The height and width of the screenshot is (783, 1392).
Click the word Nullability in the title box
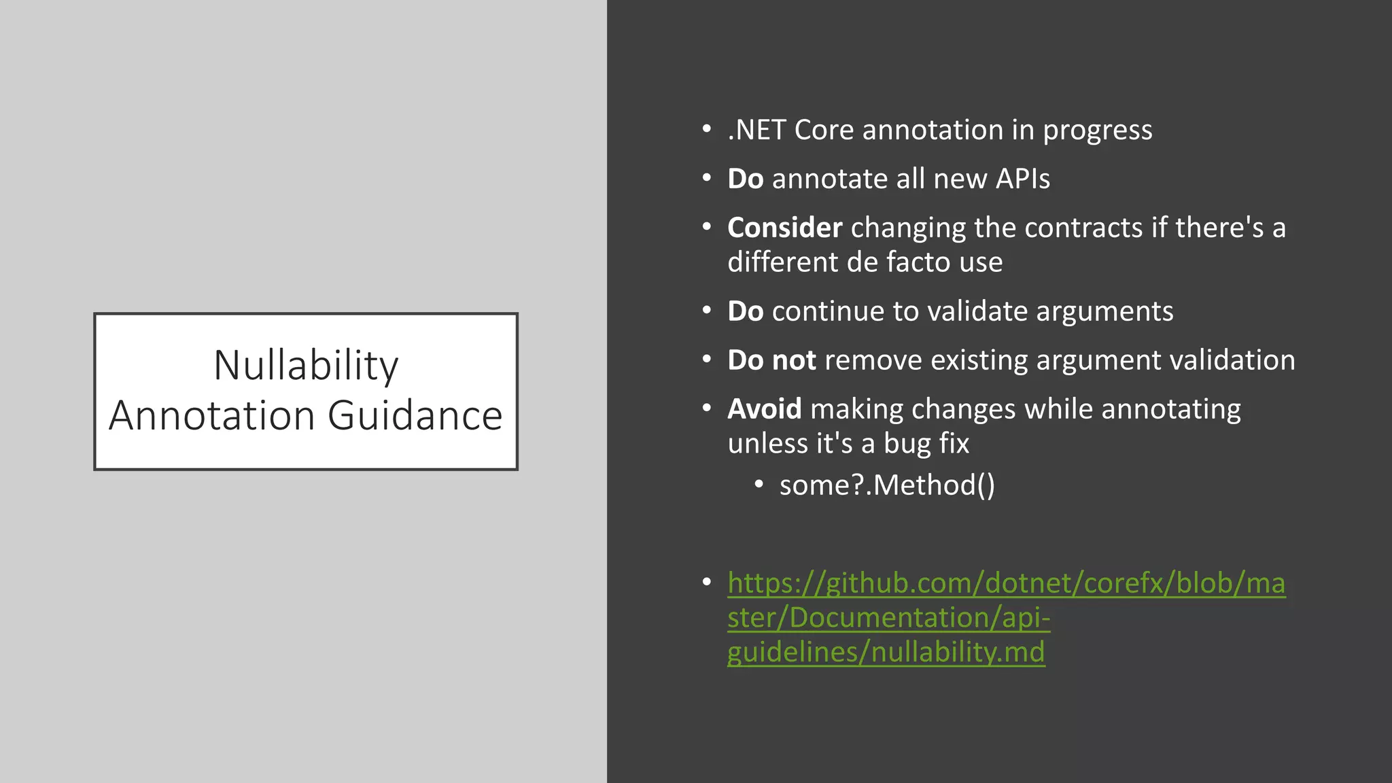(306, 366)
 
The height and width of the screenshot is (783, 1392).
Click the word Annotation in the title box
(212, 415)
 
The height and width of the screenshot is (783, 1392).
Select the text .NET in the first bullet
(756, 130)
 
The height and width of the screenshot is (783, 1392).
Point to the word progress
(1097, 130)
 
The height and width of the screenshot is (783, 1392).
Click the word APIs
(1022, 179)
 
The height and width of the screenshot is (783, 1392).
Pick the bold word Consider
(784, 228)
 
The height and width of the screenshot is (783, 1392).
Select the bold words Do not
(771, 360)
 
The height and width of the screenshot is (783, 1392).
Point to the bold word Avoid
(764, 409)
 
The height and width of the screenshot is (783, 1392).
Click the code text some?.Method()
(887, 485)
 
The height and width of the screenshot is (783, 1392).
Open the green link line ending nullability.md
(886, 652)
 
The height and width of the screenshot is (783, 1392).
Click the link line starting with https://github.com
(1006, 583)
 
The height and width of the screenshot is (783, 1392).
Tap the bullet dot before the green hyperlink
(707, 582)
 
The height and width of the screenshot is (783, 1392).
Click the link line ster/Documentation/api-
(888, 618)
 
